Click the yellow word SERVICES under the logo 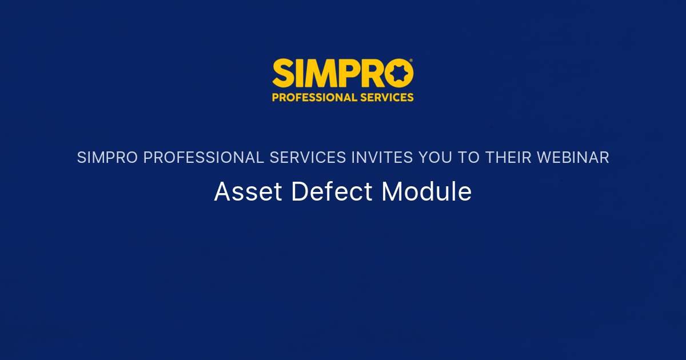[387, 97]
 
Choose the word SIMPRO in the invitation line [107, 158]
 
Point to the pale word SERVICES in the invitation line [308, 158]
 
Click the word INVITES [382, 158]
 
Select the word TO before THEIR [469, 158]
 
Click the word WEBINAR [575, 158]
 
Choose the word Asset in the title [248, 192]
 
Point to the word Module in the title [426, 192]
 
